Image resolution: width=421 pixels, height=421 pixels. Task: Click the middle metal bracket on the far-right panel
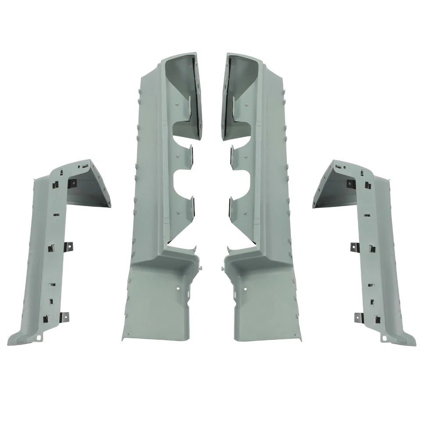click(355, 247)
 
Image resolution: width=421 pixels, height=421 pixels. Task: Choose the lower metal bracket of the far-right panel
click(358, 316)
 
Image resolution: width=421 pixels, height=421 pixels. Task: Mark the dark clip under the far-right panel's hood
click(350, 183)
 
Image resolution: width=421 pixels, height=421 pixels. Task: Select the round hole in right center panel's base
click(243, 289)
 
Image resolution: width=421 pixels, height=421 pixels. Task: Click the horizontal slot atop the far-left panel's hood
click(83, 167)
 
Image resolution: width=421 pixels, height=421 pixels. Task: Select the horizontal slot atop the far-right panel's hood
click(339, 167)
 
